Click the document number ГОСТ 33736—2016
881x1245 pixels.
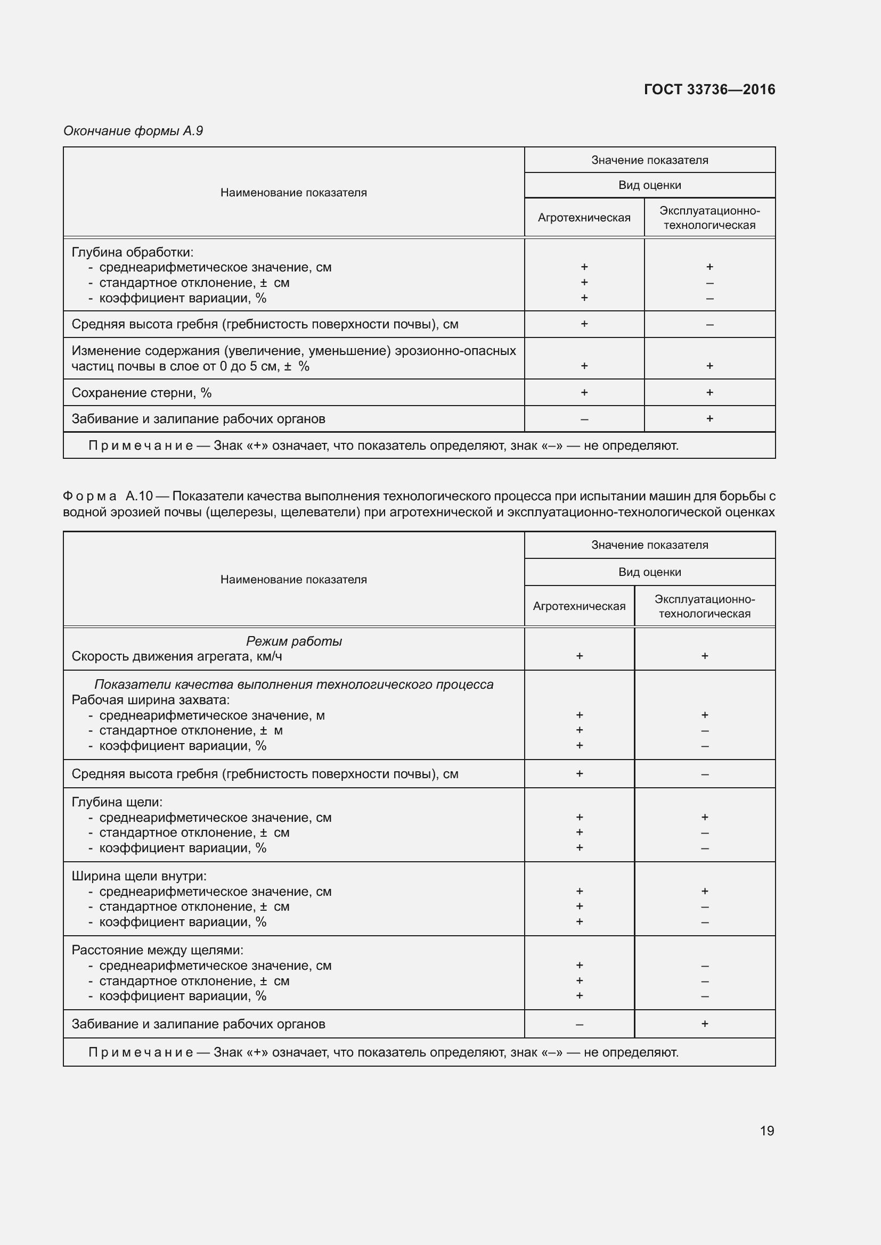pyautogui.click(x=709, y=89)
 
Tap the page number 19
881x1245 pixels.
pyautogui.click(x=766, y=1131)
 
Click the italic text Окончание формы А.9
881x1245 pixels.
pyautogui.click(x=133, y=131)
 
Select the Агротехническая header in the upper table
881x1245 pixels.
pyautogui.click(x=584, y=218)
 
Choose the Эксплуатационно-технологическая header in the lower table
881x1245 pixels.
pyautogui.click(x=704, y=606)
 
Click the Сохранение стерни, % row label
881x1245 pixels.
pyautogui.click(x=142, y=393)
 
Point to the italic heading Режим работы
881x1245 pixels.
pyautogui.click(x=293, y=641)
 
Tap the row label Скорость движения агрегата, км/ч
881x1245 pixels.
pyautogui.click(x=177, y=656)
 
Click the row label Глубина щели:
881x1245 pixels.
pyautogui.click(x=117, y=802)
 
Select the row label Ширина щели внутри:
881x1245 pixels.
pyautogui.click(x=139, y=876)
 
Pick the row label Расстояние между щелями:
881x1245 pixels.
pyautogui.click(x=157, y=950)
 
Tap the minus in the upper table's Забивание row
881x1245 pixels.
pyautogui.click(x=584, y=419)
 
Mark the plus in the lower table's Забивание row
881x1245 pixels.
pyautogui.click(x=704, y=1024)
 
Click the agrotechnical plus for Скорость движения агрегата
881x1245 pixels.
pyautogui.click(x=579, y=656)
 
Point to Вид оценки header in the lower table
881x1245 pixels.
pyautogui.click(x=649, y=572)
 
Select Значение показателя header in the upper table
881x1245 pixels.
pyautogui.click(x=649, y=160)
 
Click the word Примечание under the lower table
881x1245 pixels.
pyautogui.click(x=141, y=1052)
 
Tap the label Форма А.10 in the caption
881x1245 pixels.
pyautogui.click(x=108, y=496)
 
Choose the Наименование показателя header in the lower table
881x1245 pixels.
pyautogui.click(x=293, y=579)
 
